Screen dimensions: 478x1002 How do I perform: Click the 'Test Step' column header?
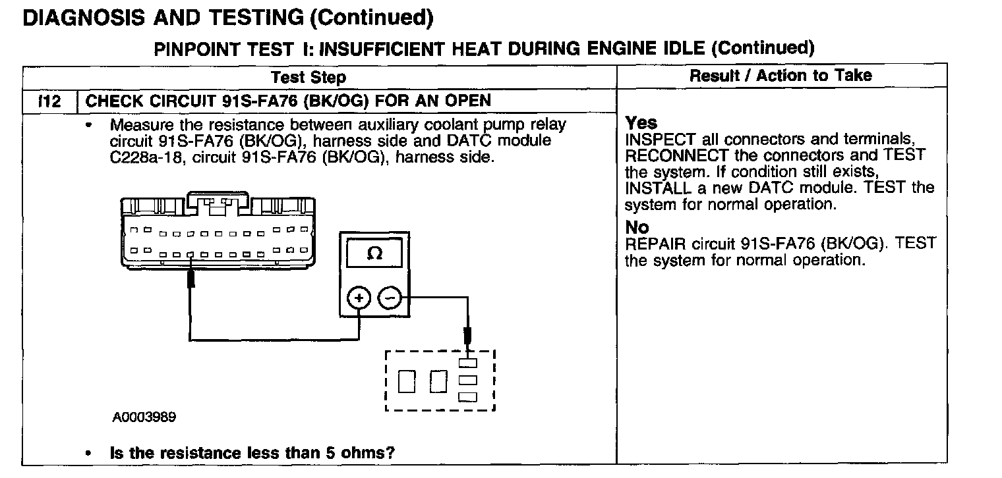click(308, 77)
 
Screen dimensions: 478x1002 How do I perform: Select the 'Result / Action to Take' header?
click(781, 75)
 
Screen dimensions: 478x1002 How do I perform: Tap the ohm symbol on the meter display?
click(374, 253)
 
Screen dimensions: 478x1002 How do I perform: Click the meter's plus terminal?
click(359, 299)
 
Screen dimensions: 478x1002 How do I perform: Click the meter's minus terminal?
click(390, 299)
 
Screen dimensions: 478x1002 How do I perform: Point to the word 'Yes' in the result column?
click(641, 123)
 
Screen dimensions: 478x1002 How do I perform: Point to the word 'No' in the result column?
click(637, 227)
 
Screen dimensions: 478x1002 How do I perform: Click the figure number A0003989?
click(144, 417)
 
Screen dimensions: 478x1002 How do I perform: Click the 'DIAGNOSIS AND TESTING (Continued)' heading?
click(228, 18)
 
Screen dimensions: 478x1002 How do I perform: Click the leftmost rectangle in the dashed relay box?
click(407, 380)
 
